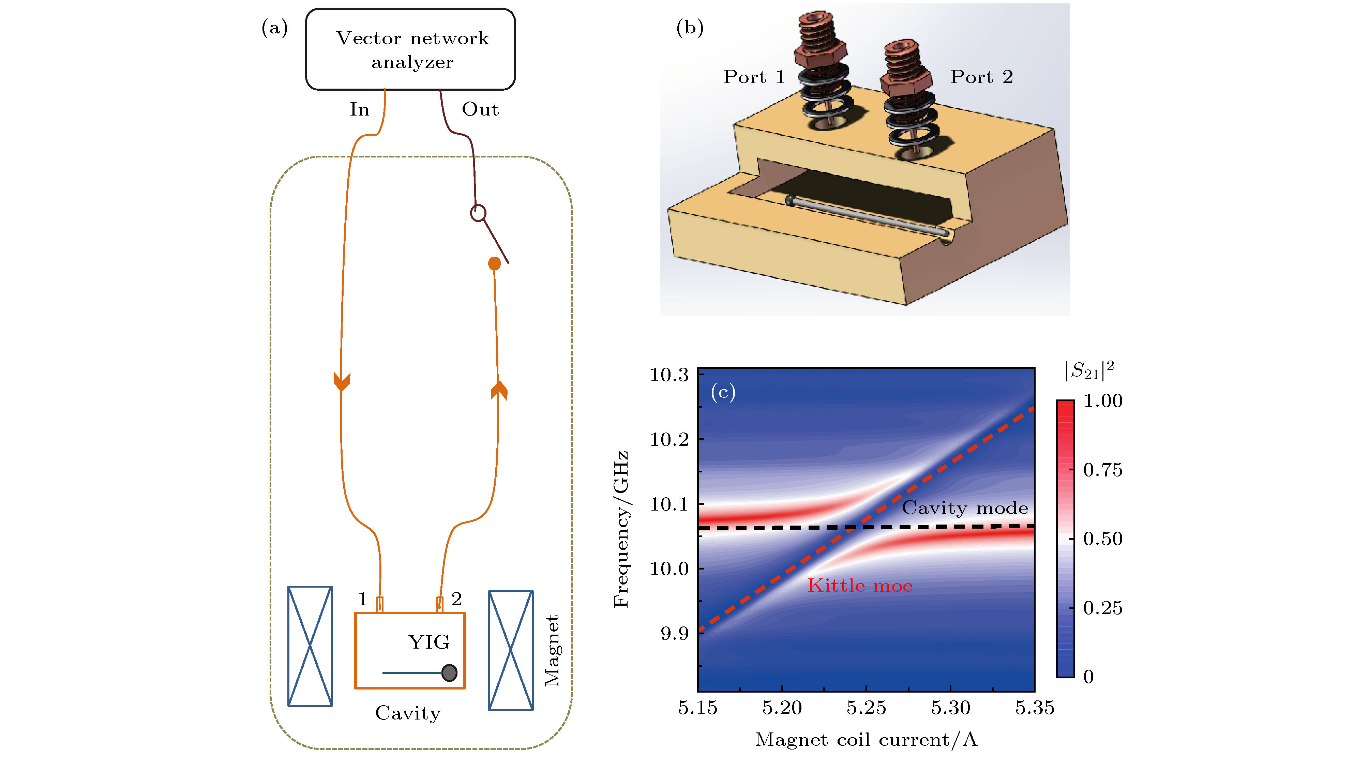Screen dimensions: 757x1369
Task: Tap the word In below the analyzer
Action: pos(359,109)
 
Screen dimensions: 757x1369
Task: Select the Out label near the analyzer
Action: pos(480,109)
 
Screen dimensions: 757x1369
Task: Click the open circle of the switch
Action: pos(478,213)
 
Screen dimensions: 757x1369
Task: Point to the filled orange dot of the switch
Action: pos(494,263)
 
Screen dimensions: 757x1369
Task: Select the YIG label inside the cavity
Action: pos(429,642)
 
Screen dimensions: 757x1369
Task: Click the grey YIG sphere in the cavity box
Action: pos(450,672)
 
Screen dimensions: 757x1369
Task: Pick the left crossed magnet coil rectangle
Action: pos(310,646)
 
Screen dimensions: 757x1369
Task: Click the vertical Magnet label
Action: pos(552,650)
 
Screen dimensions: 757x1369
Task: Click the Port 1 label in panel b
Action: pos(754,77)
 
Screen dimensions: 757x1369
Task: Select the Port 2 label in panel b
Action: pos(981,77)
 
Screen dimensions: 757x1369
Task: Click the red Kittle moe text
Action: pos(860,586)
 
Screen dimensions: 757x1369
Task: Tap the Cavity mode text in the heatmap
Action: pos(965,508)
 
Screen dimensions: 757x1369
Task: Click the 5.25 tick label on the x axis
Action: pos(866,708)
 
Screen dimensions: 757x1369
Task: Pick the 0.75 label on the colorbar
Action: pos(1103,470)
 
